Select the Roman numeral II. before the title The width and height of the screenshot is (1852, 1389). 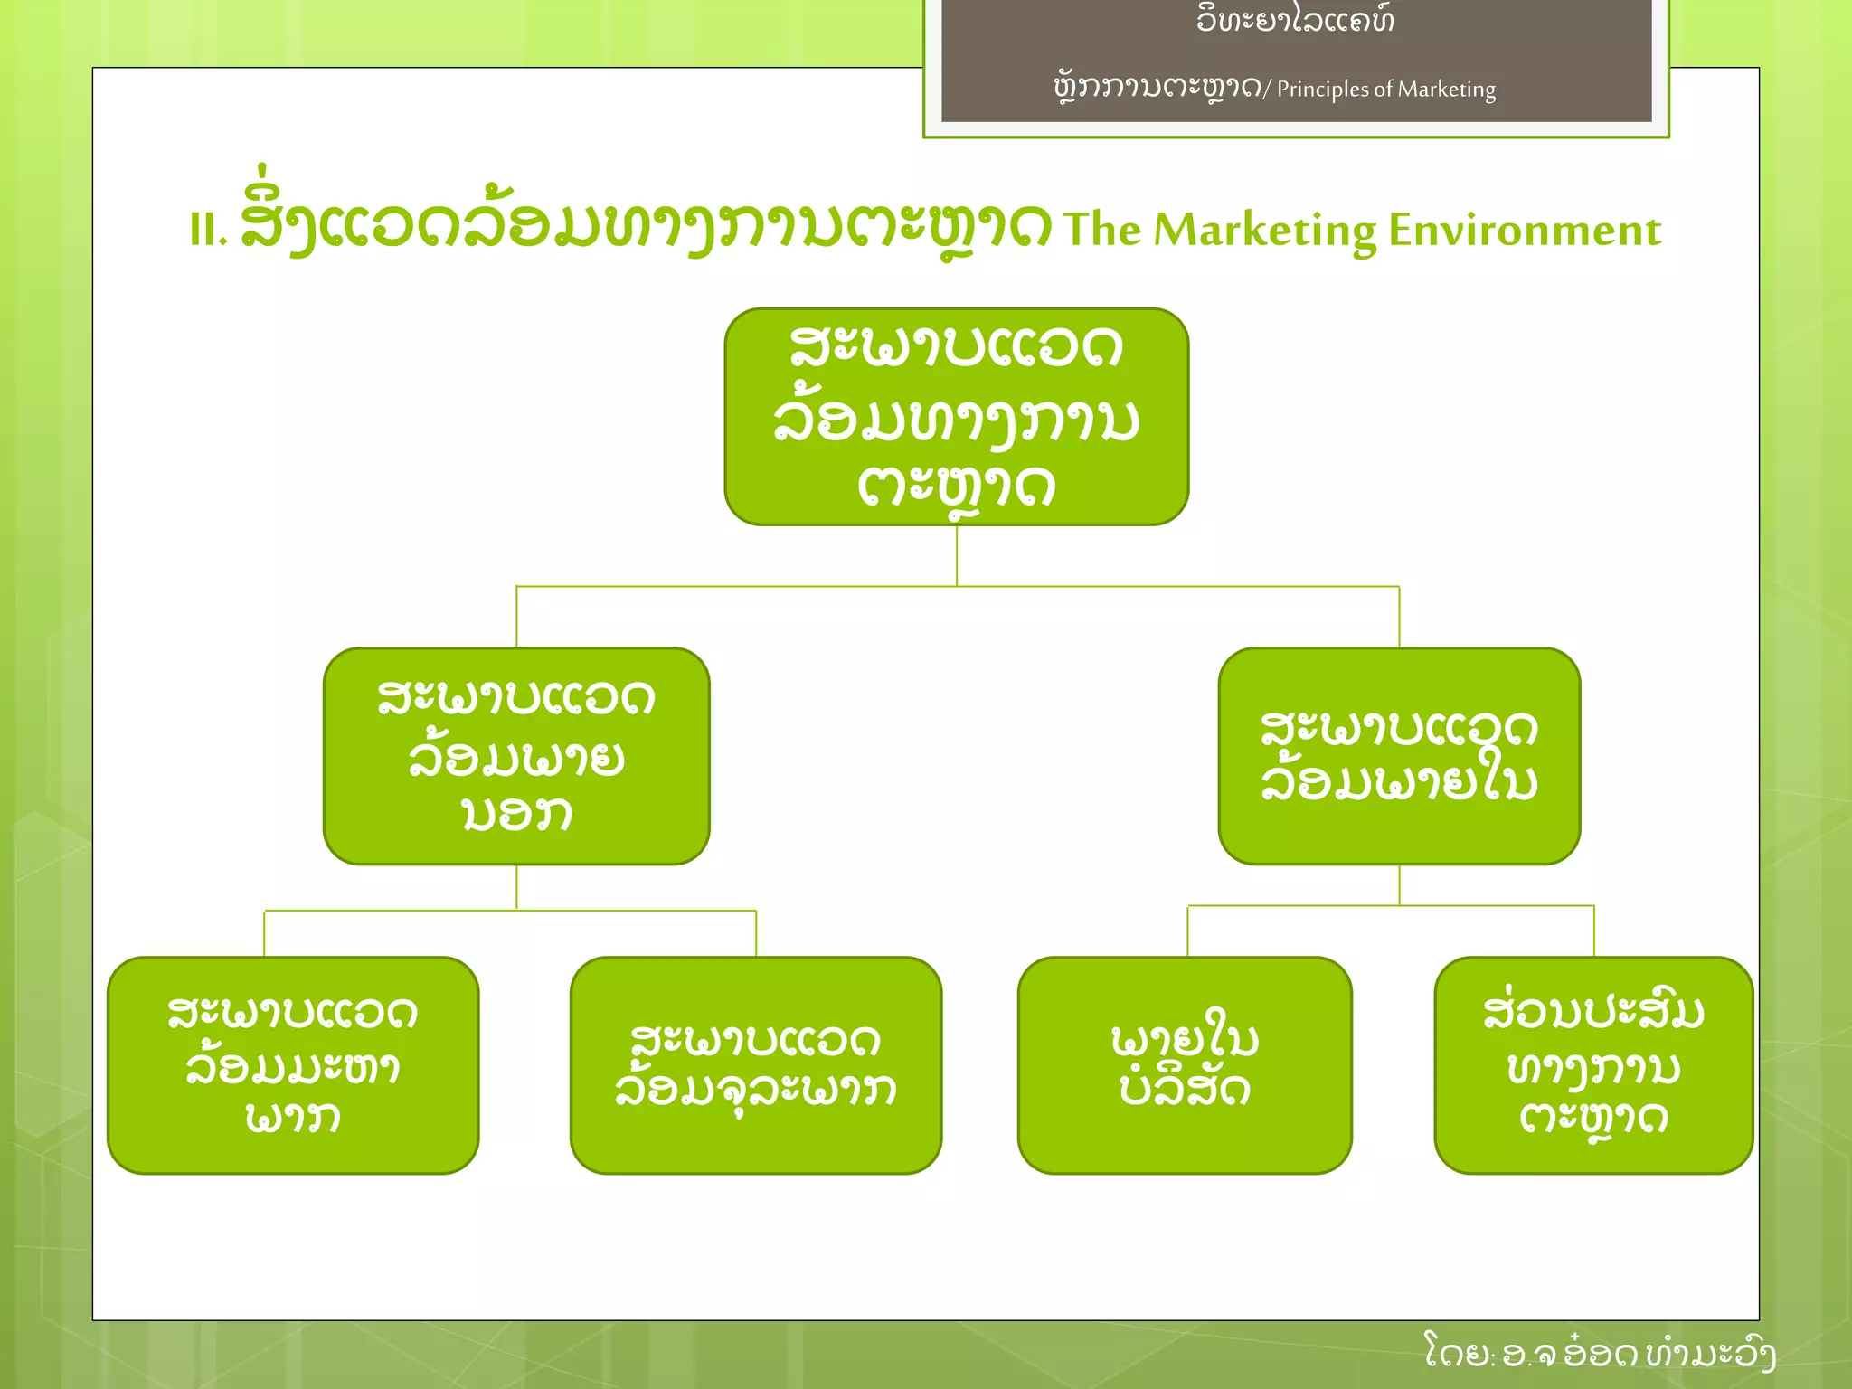click(207, 231)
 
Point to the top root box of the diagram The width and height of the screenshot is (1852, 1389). click(956, 416)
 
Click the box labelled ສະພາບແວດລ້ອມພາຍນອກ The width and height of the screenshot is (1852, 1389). click(516, 756)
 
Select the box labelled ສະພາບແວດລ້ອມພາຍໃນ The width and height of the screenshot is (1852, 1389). click(1399, 756)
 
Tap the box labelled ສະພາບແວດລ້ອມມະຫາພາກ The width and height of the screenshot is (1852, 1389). click(293, 1065)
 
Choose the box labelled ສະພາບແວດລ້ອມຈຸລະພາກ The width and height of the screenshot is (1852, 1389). click(756, 1065)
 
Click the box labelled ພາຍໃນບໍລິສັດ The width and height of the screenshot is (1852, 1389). click(1185, 1065)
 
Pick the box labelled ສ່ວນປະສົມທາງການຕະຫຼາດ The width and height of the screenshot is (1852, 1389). click(1593, 1065)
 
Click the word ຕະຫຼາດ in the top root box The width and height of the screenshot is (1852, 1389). click(956, 488)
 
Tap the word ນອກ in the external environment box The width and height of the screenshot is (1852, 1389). click(516, 813)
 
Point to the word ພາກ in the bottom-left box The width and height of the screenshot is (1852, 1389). click(293, 1118)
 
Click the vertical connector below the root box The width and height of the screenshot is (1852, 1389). click(957, 555)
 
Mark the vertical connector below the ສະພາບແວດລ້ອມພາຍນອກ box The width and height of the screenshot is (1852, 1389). click(516, 887)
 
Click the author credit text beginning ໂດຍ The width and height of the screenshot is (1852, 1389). click(1599, 1353)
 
